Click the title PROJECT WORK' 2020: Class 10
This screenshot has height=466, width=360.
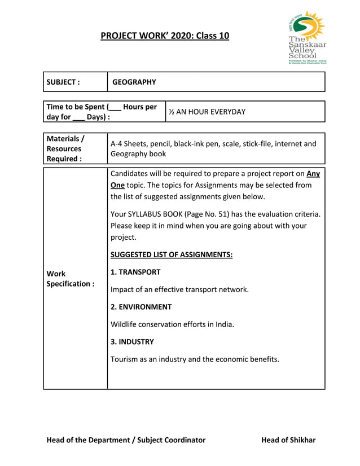[165, 36]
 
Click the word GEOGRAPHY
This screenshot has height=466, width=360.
[134, 82]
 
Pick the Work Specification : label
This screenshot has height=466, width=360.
[70, 279]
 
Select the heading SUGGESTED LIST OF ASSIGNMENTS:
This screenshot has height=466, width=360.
[172, 254]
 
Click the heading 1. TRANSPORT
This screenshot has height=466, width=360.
[135, 272]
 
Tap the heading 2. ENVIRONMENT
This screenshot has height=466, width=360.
[141, 307]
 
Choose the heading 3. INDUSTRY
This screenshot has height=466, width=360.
[132, 342]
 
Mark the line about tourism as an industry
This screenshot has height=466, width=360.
[195, 359]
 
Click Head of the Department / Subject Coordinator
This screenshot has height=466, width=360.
[126, 440]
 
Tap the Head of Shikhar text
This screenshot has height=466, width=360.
[288, 440]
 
